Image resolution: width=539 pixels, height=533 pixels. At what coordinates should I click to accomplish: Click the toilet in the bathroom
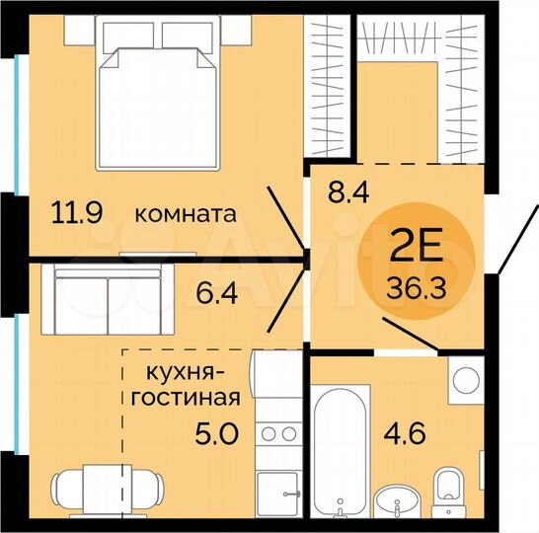[x=449, y=490]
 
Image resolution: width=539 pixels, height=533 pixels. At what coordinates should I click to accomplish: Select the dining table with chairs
[x=108, y=489]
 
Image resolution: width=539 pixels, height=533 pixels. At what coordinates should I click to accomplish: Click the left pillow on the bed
[x=128, y=38]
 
